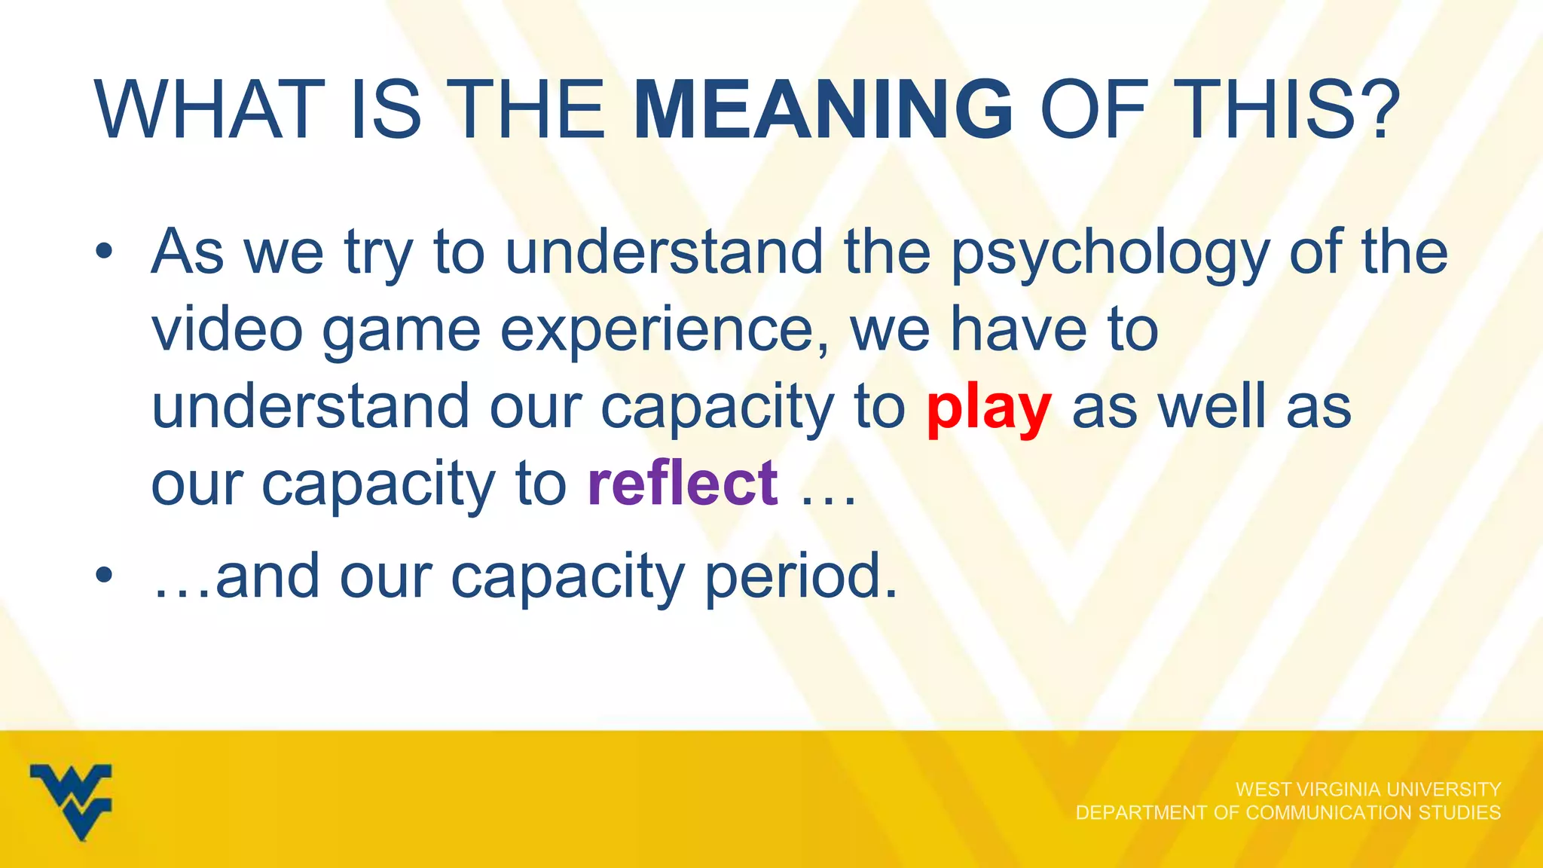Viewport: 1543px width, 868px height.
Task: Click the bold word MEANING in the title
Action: point(823,110)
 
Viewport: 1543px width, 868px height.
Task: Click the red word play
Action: point(988,409)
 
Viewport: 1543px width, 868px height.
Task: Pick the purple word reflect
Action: point(683,483)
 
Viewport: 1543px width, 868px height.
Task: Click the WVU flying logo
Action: point(72,801)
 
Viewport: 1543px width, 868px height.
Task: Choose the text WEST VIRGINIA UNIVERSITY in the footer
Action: point(1368,789)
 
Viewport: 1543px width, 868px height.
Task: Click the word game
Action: point(401,332)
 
